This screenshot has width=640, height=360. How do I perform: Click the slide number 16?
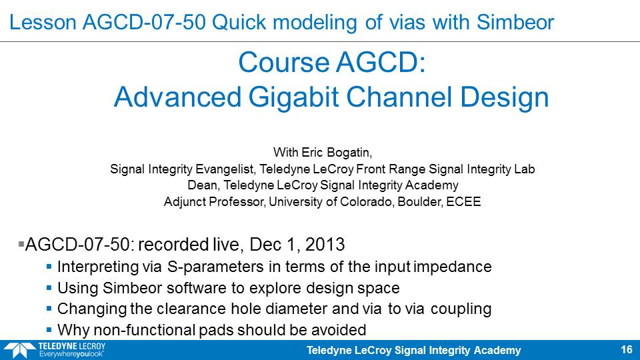627,349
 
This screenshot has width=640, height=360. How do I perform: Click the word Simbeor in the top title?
515,22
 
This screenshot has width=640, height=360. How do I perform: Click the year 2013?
325,244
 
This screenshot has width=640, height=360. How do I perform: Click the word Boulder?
420,201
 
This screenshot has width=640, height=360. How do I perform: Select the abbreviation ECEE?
463,201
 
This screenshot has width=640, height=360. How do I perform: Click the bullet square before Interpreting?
49,267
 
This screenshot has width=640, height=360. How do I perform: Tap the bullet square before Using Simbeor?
49,288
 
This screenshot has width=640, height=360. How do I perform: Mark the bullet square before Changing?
49,309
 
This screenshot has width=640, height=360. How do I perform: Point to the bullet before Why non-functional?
49,330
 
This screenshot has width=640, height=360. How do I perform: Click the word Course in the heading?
284,63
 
